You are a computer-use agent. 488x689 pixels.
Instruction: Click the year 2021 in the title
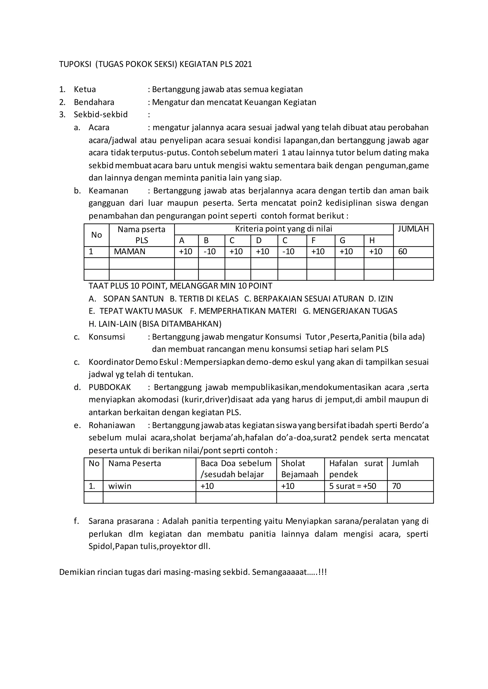click(x=243, y=64)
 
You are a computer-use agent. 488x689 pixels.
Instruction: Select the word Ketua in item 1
click(x=85, y=89)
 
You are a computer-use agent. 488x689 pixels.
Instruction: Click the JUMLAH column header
click(x=413, y=229)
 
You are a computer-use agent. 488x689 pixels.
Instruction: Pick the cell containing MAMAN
click(x=130, y=251)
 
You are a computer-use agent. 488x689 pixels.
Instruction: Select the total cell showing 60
click(x=402, y=251)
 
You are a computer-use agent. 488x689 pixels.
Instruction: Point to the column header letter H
click(x=372, y=240)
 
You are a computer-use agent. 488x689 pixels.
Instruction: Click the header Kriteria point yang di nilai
click(x=283, y=229)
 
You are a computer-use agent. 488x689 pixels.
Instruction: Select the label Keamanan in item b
click(x=108, y=191)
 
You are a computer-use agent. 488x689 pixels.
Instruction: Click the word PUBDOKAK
click(x=110, y=387)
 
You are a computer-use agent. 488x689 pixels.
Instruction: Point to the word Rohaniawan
click(x=112, y=425)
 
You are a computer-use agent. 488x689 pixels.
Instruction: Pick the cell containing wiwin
click(x=120, y=486)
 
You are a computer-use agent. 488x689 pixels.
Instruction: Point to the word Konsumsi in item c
click(x=107, y=337)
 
